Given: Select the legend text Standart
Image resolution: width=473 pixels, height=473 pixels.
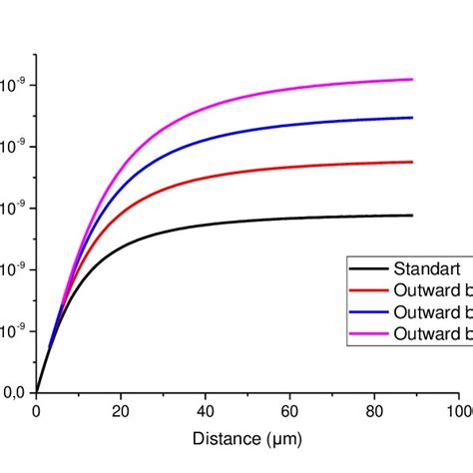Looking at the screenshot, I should tap(424, 267).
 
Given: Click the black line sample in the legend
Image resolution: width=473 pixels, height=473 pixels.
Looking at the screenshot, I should tap(367, 267).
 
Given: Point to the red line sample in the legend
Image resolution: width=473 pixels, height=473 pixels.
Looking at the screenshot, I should tap(367, 289).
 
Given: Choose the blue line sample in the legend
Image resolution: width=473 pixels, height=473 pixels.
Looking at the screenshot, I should tap(367, 311).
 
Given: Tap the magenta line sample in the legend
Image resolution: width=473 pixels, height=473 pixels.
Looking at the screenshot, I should tap(367, 333).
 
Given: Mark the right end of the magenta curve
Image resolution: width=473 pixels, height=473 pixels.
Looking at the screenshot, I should tap(412, 79).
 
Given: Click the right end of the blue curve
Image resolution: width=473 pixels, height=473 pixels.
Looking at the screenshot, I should tap(412, 118).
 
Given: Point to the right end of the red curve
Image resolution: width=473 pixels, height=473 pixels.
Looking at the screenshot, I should tap(412, 162).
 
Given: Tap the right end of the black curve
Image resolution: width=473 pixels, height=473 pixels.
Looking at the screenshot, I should tap(412, 216).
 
